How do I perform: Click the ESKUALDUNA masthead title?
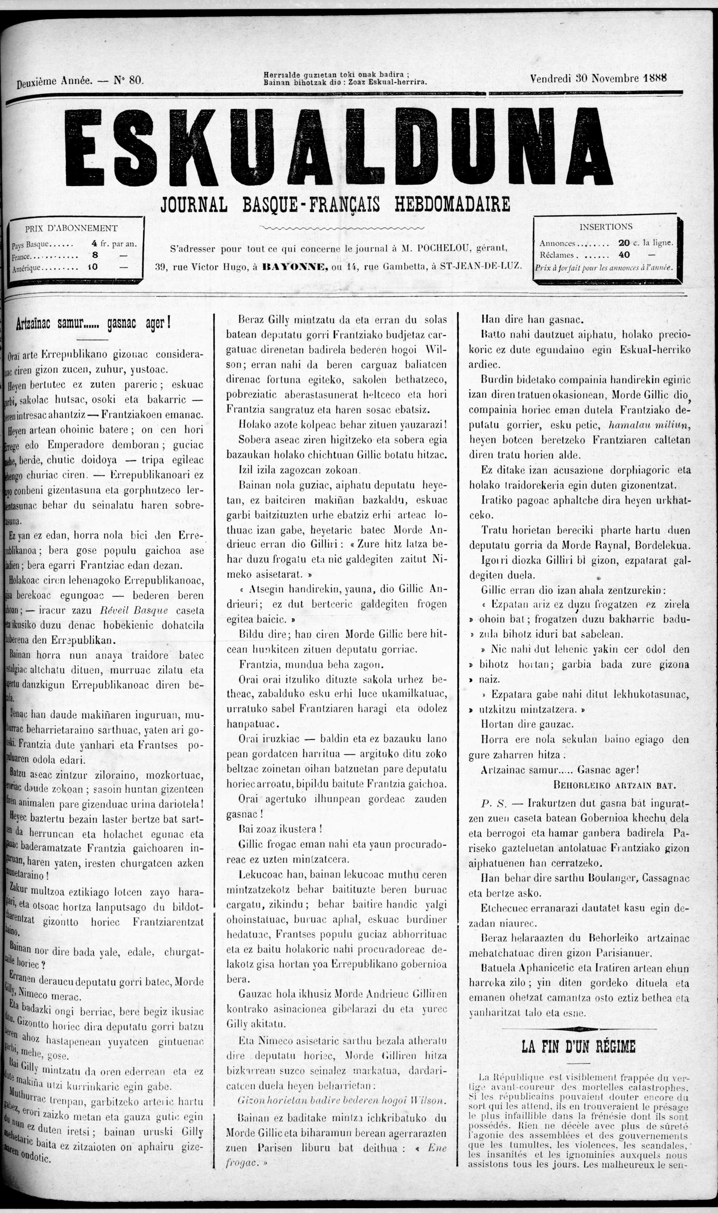(x=339, y=146)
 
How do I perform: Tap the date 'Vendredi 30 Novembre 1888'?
(x=598, y=78)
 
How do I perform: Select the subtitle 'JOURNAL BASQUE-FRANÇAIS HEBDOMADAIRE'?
(x=335, y=204)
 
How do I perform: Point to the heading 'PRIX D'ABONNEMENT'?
(x=71, y=228)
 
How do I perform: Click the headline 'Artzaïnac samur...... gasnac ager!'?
(x=93, y=323)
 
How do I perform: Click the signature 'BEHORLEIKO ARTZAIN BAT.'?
(x=614, y=785)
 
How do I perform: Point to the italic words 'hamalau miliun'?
(x=649, y=425)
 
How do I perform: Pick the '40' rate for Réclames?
(x=624, y=254)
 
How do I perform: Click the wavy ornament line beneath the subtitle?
(x=341, y=227)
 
